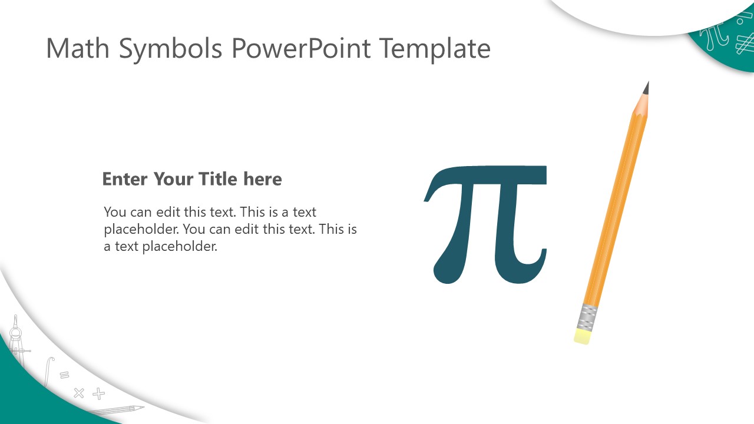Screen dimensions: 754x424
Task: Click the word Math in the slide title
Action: tap(78, 48)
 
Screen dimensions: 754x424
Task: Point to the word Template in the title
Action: tap(435, 50)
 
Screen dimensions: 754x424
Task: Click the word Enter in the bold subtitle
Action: tap(124, 179)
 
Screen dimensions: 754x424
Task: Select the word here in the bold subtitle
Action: tap(263, 178)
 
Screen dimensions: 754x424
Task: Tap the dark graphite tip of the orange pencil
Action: tap(646, 88)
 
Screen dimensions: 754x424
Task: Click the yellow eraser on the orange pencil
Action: tap(581, 336)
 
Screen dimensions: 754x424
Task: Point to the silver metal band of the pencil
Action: tap(587, 317)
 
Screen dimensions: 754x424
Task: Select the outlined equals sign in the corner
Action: tap(64, 375)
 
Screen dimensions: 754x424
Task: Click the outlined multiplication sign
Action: tap(79, 393)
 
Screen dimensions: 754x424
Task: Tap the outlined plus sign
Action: tap(98, 393)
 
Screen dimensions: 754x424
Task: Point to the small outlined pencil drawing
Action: tap(116, 410)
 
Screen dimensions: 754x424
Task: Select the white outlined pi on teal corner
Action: tap(713, 37)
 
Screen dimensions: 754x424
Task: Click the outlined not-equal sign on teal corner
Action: tap(745, 44)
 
